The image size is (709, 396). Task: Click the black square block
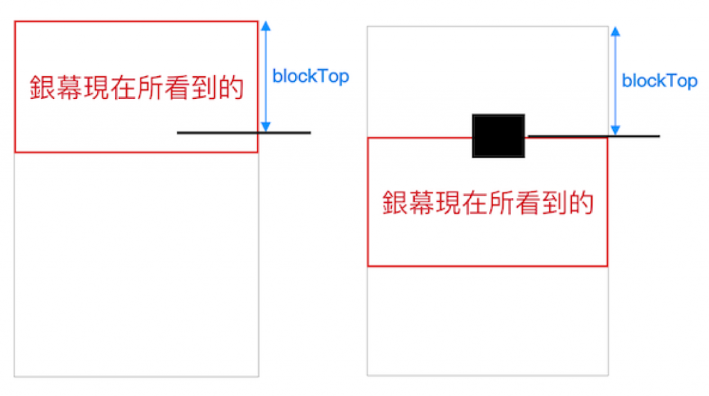point(498,136)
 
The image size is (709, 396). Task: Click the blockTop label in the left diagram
point(311,76)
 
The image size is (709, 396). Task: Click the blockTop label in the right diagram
point(659,81)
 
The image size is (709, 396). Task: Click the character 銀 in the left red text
point(42,88)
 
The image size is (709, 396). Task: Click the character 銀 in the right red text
point(395,202)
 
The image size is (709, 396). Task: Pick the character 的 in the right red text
point(582,202)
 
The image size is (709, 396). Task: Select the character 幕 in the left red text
point(69,88)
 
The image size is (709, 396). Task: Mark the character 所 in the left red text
point(150,88)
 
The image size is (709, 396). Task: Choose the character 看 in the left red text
point(177,88)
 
